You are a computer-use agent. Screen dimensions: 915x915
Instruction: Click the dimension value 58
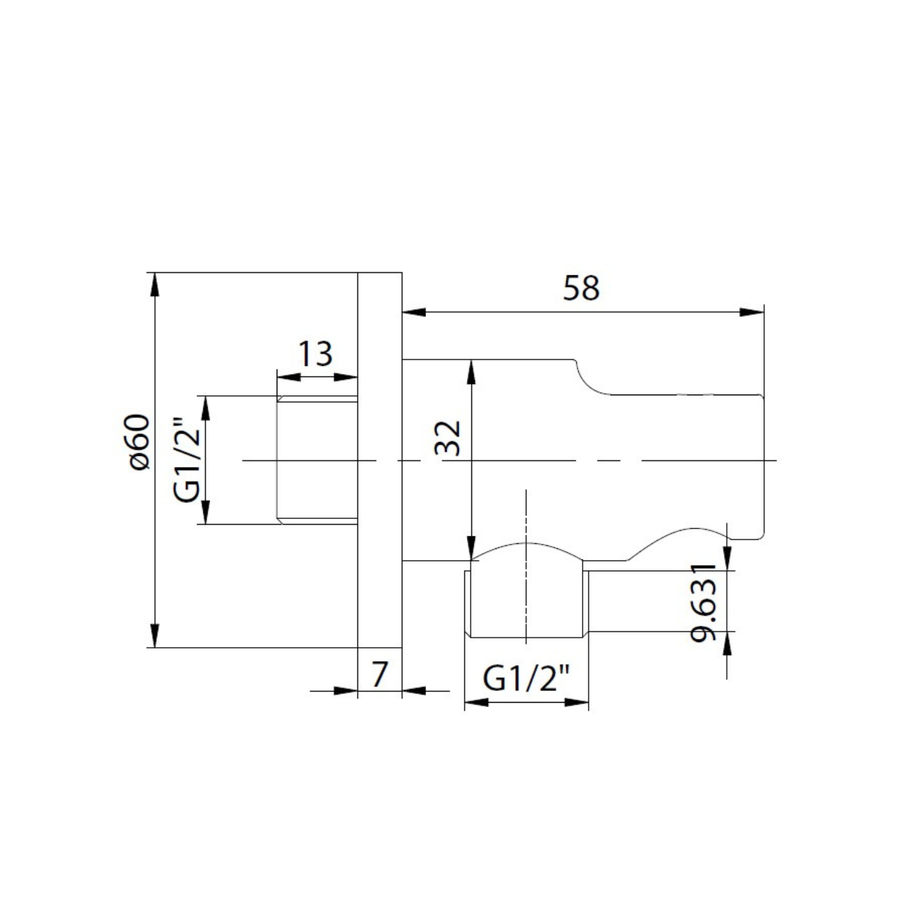click(580, 288)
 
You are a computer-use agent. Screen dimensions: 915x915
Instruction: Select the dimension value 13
click(315, 354)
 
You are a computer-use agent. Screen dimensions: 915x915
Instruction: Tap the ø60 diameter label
click(140, 441)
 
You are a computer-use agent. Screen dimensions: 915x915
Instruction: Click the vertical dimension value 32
click(448, 438)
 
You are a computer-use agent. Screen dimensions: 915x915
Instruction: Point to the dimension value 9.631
click(703, 603)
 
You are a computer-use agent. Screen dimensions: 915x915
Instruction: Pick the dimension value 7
click(379, 674)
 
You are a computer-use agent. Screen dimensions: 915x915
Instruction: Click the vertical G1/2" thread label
click(184, 459)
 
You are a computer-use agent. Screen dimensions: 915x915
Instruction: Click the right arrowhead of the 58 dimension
click(752, 312)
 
